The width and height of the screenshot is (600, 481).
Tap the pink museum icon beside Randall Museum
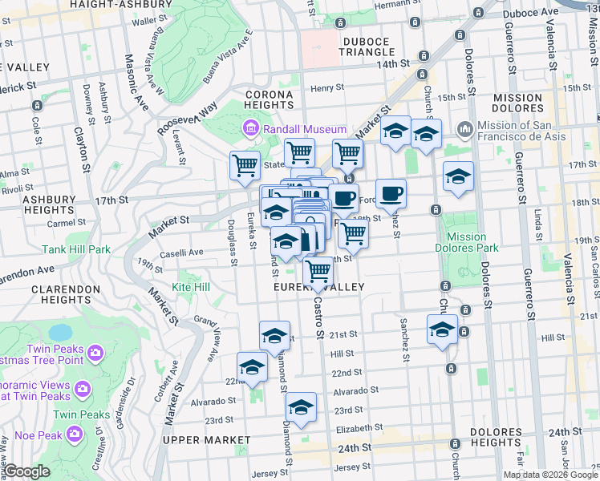pos(250,129)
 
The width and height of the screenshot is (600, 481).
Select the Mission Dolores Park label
pos(467,242)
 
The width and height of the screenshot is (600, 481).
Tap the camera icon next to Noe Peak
pos(75,434)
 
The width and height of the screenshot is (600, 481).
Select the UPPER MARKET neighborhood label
pos(206,440)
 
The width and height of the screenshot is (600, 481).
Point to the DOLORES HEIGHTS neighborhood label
pos(497,438)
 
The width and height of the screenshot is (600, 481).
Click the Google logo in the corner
pos(27,472)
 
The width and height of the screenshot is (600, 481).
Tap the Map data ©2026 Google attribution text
pos(549,475)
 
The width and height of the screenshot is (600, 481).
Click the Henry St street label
pos(327,88)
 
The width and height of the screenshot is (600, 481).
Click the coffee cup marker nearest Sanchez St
pos(391,193)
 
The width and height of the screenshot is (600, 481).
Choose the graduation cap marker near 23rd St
pos(301,407)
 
